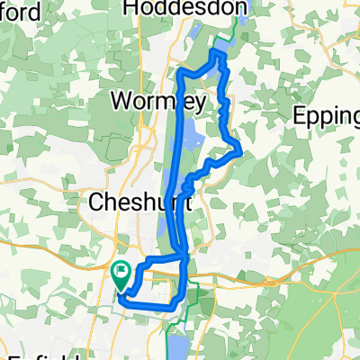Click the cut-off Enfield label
pos(36,354)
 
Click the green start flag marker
pos(120,271)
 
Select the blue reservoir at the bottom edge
pos(175,346)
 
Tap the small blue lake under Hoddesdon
pos(193,38)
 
